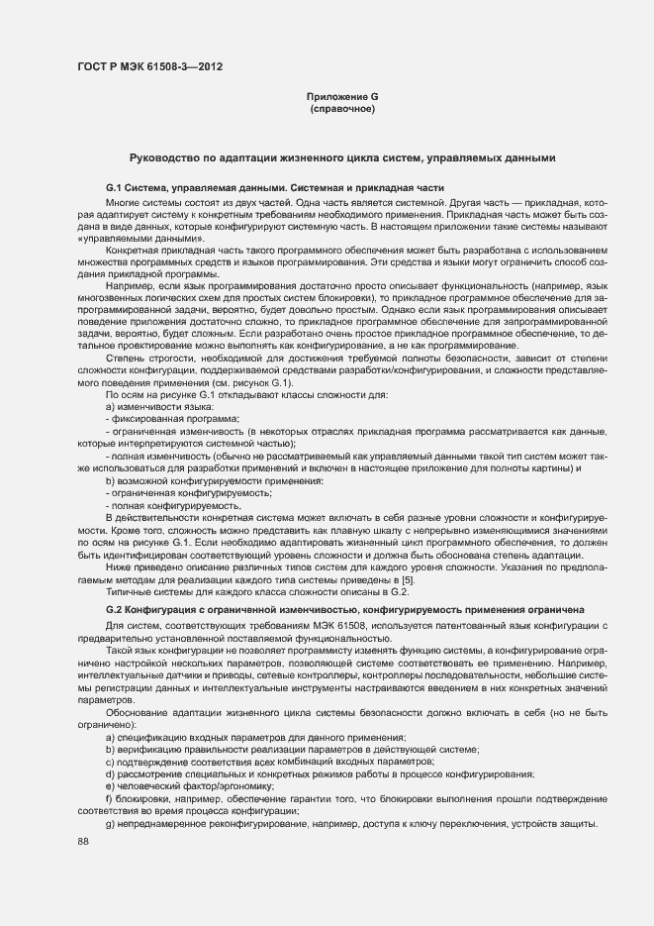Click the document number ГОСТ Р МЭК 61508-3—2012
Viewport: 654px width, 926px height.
tap(149, 67)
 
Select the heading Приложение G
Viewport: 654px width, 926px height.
tap(342, 96)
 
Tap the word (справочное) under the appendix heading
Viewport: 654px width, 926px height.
tap(342, 108)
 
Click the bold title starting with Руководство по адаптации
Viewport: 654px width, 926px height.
tap(342, 158)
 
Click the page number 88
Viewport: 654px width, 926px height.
tap(83, 841)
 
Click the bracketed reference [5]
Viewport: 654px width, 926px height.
tap(406, 579)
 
